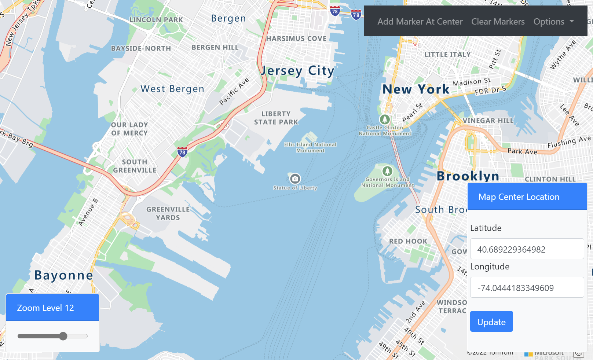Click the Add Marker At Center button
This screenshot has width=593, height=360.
pos(420,22)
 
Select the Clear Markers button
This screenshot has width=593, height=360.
pos(498,22)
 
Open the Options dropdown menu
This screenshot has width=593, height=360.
pos(553,22)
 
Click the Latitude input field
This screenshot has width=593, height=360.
pos(527,249)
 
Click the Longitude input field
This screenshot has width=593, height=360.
pos(527,288)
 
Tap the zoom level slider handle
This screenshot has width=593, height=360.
pos(63,336)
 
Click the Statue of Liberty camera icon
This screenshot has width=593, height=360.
pos(295,179)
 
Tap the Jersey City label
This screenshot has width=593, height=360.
pos(297,70)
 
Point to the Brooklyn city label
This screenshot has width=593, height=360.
pos(468,176)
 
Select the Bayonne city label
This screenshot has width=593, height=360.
pos(64,275)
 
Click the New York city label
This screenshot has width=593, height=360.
pos(416,89)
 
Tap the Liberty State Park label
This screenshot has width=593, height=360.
pos(276,118)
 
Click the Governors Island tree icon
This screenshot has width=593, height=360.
pos(387,171)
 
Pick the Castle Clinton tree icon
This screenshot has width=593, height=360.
pos(384,119)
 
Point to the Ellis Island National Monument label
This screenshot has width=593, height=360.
pos(310,147)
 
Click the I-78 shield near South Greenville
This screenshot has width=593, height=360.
pos(182,152)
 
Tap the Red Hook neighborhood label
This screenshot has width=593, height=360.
pos(408,241)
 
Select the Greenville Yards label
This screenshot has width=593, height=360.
pos(168,213)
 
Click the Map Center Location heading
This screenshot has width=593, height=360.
pos(519,197)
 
